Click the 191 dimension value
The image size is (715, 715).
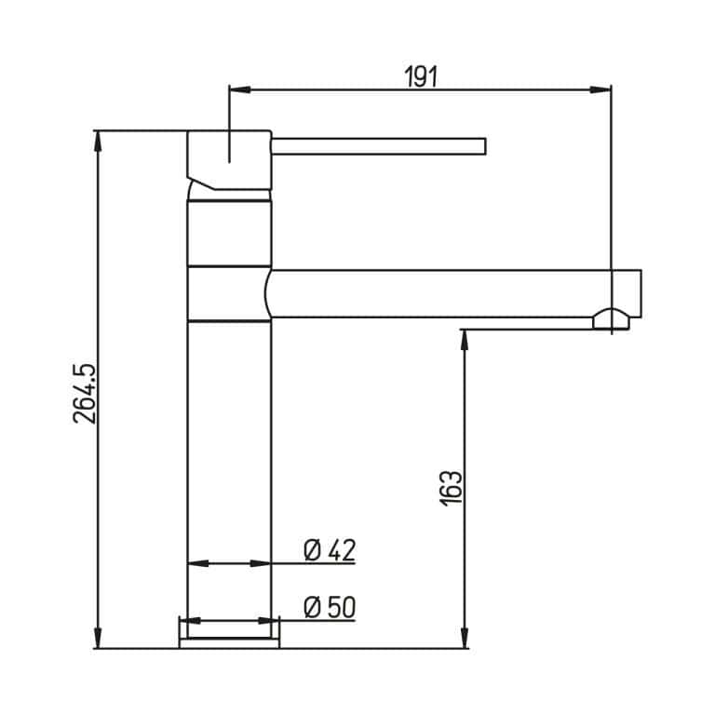[421, 77]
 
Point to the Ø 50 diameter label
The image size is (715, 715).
[330, 608]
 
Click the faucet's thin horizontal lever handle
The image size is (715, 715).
[377, 146]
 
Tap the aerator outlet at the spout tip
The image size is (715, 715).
[611, 319]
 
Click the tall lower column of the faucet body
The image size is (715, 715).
[229, 465]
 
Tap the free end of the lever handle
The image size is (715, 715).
[481, 146]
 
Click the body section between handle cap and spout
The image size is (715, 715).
[229, 233]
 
